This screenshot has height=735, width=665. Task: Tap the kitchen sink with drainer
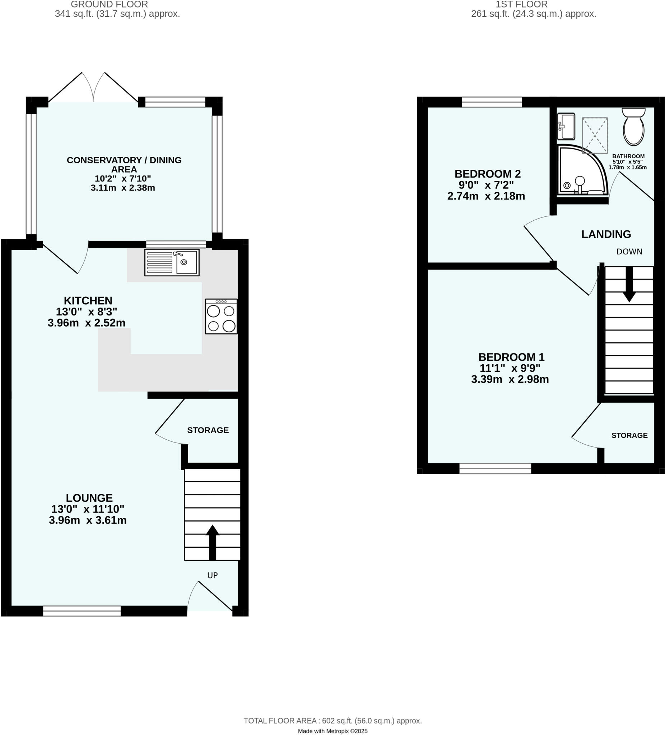click(x=172, y=262)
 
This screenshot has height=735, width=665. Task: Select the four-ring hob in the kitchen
click(x=221, y=317)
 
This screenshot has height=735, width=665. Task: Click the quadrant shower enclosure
click(x=581, y=170)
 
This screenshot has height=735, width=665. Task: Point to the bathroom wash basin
click(x=566, y=126)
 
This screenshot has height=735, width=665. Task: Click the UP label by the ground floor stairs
click(x=212, y=575)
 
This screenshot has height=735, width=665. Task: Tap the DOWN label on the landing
click(x=629, y=252)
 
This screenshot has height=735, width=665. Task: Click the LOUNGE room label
click(x=89, y=498)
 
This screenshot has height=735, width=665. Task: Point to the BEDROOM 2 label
click(x=487, y=174)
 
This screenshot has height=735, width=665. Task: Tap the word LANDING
click(x=606, y=234)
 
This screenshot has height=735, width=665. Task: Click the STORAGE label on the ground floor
click(x=208, y=430)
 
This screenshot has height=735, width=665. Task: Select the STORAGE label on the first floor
click(x=629, y=435)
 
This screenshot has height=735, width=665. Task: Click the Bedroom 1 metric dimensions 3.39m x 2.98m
click(x=510, y=379)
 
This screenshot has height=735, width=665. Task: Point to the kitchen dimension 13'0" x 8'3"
click(x=87, y=312)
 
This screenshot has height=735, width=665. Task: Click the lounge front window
click(x=82, y=611)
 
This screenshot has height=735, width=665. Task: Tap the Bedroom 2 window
click(x=492, y=102)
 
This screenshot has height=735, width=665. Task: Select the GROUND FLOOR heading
click(x=109, y=4)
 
